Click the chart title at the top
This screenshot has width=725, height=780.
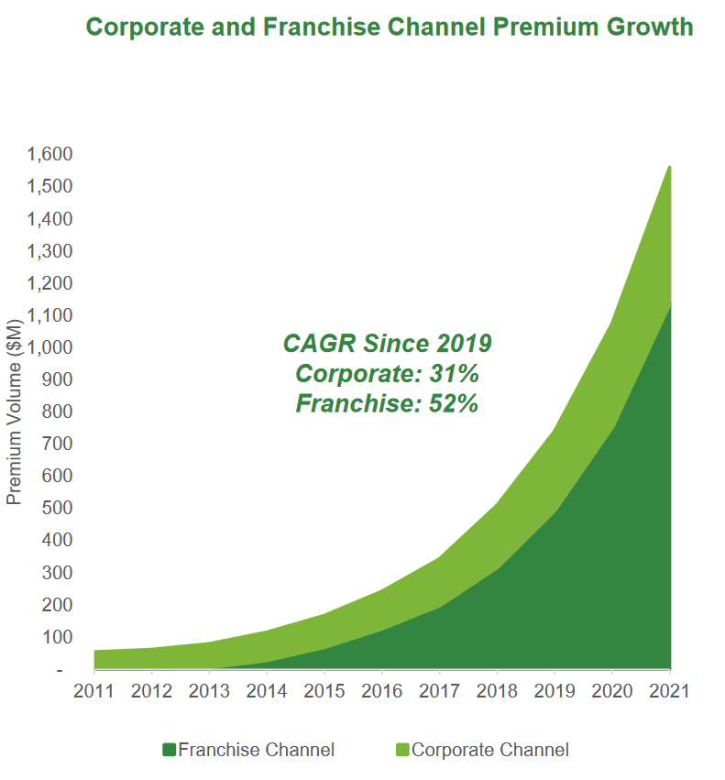(389, 27)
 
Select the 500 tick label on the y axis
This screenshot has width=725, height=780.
(58, 508)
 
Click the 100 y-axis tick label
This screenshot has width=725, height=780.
(58, 636)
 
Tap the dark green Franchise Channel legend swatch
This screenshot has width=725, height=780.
(169, 750)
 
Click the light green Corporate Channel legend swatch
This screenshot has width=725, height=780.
(402, 750)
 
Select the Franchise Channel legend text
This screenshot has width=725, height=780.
(256, 750)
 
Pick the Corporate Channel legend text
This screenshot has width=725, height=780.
(490, 750)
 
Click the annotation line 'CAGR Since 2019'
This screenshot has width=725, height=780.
(387, 344)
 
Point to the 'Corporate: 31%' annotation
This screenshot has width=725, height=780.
(387, 374)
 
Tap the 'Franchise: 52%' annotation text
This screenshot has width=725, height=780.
(387, 403)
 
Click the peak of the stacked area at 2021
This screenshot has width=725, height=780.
(670, 168)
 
